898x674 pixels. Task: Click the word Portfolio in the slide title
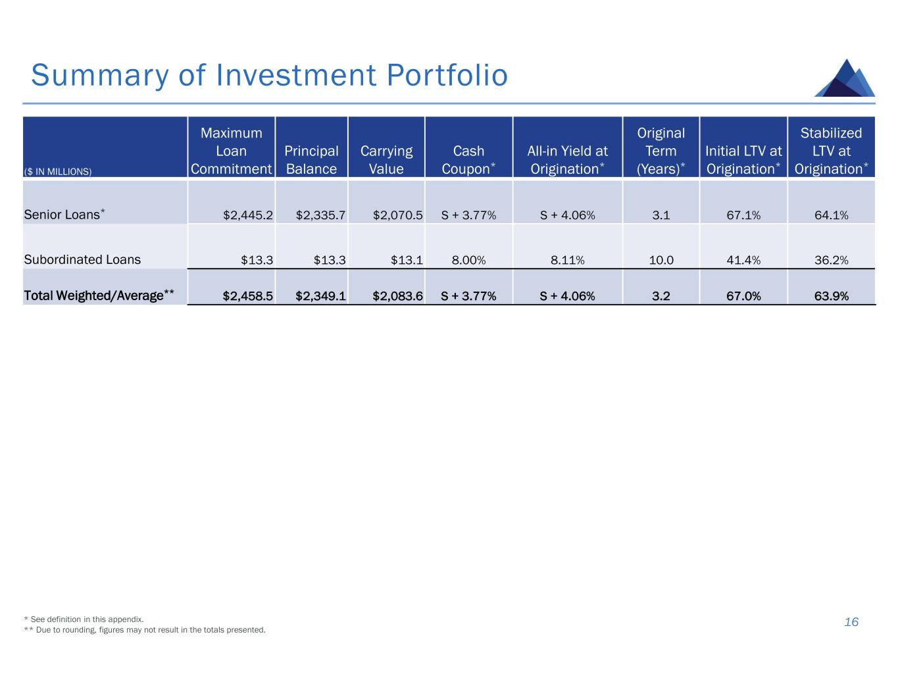point(447,76)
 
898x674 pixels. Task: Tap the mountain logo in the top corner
point(845,78)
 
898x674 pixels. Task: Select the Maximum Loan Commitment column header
point(231,151)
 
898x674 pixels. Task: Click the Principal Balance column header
point(311,160)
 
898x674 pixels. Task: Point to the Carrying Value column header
point(386,160)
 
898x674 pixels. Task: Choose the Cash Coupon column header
point(468,160)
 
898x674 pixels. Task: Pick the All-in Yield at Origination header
point(567,160)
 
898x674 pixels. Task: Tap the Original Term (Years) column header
point(661,151)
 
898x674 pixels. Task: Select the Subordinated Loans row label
point(82,259)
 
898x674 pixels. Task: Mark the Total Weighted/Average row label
point(99,296)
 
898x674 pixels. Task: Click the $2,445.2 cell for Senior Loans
point(248,215)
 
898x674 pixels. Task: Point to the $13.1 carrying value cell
point(407,260)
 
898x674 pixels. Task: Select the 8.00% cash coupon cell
point(468,260)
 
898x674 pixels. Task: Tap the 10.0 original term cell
point(661,260)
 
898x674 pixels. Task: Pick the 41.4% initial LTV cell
point(743,260)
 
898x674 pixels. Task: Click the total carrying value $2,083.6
point(397,296)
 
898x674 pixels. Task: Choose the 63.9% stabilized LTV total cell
point(831,296)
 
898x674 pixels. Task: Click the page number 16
point(851,622)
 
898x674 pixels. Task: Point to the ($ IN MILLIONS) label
point(58,172)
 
